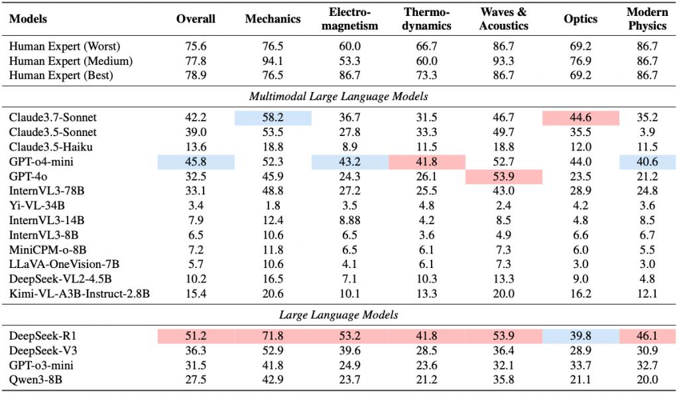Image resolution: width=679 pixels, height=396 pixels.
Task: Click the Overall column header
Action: tap(196, 19)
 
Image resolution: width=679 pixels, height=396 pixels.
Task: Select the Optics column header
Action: tap(580, 19)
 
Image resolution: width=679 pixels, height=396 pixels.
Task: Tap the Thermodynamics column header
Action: tap(426, 19)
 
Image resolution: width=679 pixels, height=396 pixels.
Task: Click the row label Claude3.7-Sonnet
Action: tap(53, 117)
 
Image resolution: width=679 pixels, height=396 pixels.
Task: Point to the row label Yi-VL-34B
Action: tap(37, 206)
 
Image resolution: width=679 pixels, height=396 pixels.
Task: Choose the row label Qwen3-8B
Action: tap(36, 380)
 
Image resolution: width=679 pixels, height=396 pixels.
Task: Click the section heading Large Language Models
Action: tap(339, 314)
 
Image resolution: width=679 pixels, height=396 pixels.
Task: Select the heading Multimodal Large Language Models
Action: tap(339, 96)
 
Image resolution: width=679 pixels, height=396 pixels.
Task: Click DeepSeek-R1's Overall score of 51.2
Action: tap(196, 336)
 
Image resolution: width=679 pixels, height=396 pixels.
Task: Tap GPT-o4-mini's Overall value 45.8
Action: tap(196, 162)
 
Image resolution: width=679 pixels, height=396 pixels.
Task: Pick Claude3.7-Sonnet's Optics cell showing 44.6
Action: tap(580, 117)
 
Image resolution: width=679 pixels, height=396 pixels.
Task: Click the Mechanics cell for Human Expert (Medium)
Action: tap(273, 60)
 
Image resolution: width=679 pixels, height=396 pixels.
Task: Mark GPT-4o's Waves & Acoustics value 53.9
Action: tap(504, 176)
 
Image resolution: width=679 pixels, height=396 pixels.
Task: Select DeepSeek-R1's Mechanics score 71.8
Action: tap(273, 336)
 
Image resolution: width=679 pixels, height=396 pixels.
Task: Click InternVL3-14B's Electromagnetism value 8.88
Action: tap(350, 220)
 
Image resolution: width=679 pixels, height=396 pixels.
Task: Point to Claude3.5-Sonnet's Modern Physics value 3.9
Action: tap(647, 132)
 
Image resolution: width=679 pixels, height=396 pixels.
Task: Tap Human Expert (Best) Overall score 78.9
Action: tap(196, 76)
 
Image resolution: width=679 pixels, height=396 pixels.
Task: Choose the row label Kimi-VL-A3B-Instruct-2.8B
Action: tap(80, 294)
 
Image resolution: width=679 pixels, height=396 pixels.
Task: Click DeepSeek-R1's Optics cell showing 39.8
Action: tap(580, 336)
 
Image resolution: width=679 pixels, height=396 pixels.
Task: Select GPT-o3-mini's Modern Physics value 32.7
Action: tap(647, 365)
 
